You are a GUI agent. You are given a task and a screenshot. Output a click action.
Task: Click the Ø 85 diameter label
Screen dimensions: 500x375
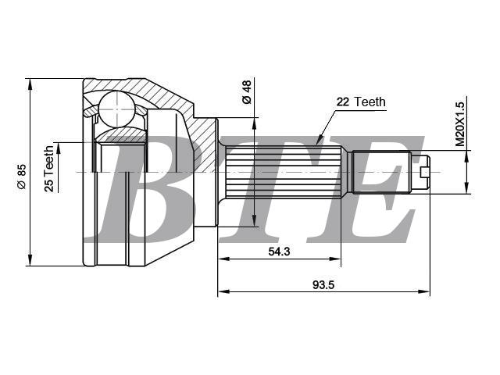(22, 177)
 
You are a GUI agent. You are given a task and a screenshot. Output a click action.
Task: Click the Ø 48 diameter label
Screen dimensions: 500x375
(247, 92)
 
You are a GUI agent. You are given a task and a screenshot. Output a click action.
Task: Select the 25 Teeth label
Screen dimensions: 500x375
(49, 169)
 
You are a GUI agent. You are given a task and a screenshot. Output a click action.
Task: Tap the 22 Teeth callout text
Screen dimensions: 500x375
(361, 102)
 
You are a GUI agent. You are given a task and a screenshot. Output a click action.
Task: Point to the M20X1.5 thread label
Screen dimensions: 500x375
(460, 124)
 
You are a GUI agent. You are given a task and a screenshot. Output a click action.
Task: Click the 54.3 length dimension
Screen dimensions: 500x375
(279, 252)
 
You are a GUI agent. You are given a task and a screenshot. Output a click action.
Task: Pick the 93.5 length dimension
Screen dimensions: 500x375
(323, 284)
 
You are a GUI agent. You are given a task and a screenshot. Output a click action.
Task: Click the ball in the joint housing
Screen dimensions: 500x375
(116, 109)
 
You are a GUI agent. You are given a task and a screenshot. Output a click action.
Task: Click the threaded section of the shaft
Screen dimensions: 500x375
(381, 172)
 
